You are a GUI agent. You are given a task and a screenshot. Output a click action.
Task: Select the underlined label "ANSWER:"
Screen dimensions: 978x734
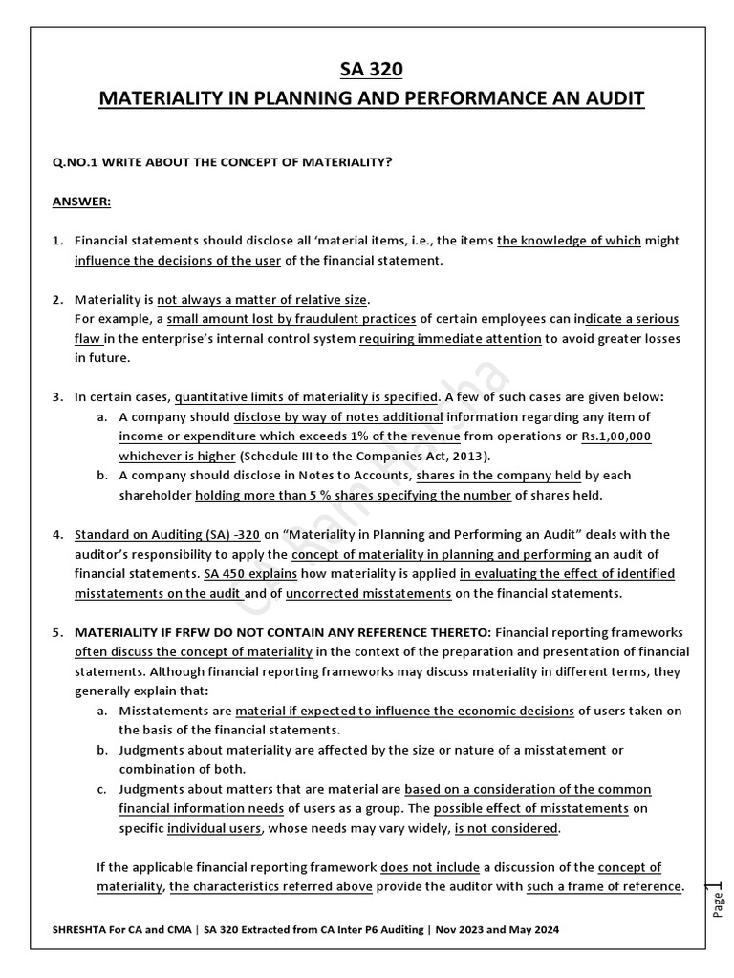point(81,202)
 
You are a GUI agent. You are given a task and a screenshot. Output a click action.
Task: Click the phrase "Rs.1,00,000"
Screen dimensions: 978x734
point(616,435)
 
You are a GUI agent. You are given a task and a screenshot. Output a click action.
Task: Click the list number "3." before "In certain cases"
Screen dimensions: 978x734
point(57,396)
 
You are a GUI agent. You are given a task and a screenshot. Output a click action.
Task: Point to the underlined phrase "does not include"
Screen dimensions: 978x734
point(423,867)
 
